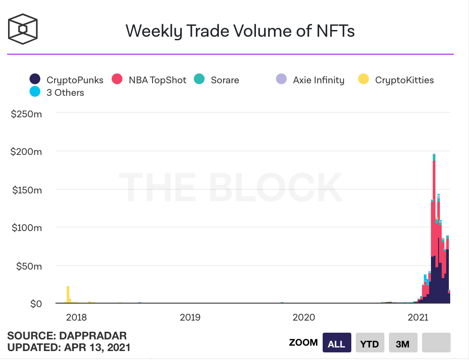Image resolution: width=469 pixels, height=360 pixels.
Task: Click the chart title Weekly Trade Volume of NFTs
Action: tap(240, 31)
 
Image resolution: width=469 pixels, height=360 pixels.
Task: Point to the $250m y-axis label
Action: tap(26, 114)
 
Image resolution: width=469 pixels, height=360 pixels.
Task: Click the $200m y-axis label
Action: tap(26, 152)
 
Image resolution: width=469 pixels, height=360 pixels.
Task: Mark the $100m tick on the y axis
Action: tap(26, 227)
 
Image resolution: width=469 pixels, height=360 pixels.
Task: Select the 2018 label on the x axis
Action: tap(77, 317)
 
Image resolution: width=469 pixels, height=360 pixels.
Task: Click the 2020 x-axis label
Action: tap(304, 317)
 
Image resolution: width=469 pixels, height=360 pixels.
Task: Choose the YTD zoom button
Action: tap(370, 343)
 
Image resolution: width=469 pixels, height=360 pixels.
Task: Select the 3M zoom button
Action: tap(403, 343)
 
